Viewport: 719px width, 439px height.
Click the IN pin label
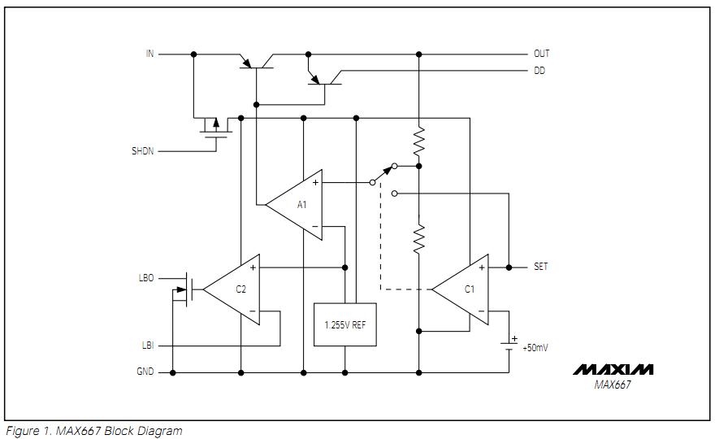[149, 54]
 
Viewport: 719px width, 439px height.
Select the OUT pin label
[541, 54]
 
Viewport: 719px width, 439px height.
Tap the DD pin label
[539, 71]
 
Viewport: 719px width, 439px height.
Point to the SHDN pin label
[142, 151]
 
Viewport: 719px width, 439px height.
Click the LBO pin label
[146, 278]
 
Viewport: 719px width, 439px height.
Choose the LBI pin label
[147, 346]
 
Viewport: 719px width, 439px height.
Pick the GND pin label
[145, 372]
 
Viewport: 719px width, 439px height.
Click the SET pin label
[540, 267]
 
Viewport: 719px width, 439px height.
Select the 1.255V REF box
[344, 324]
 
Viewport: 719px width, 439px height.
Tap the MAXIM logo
[613, 370]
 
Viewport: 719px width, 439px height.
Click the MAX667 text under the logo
[613, 385]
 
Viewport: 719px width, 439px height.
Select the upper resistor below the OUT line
[419, 141]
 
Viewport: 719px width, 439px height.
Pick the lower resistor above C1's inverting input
[419, 239]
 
